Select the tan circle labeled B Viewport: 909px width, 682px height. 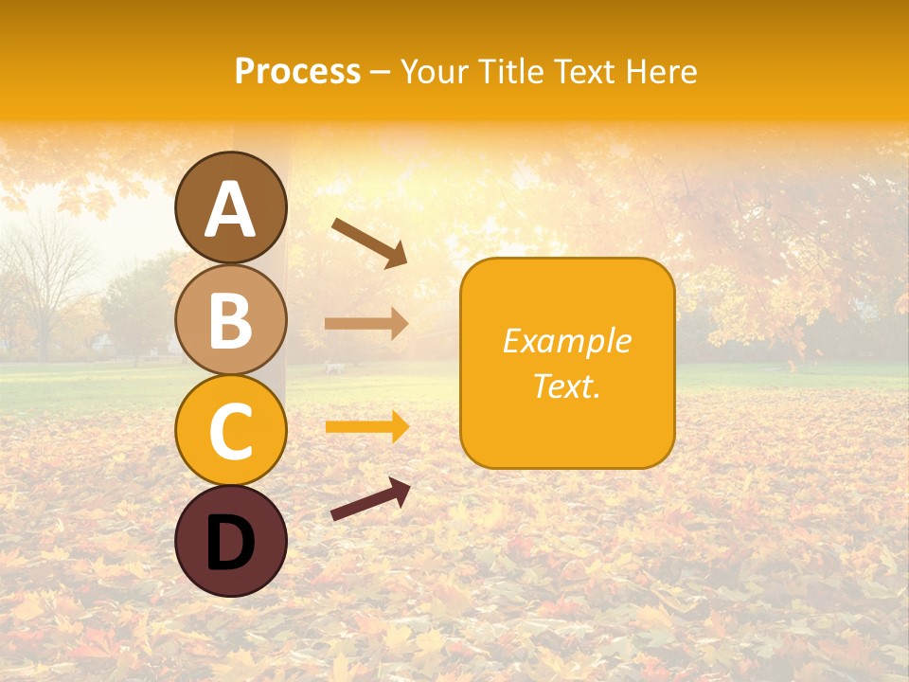pos(230,319)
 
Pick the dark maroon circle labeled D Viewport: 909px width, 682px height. pos(230,541)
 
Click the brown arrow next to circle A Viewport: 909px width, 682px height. pos(369,242)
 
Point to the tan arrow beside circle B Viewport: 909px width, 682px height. pos(366,324)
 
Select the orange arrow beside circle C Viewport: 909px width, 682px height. pos(366,427)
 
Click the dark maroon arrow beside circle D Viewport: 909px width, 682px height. pos(370,499)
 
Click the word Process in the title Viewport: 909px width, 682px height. pos(297,71)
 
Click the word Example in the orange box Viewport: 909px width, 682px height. pos(566,341)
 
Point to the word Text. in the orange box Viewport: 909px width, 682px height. pos(566,386)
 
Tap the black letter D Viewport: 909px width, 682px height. pos(230,543)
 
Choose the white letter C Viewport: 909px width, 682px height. pos(230,431)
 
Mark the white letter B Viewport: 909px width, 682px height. pos(230,321)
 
